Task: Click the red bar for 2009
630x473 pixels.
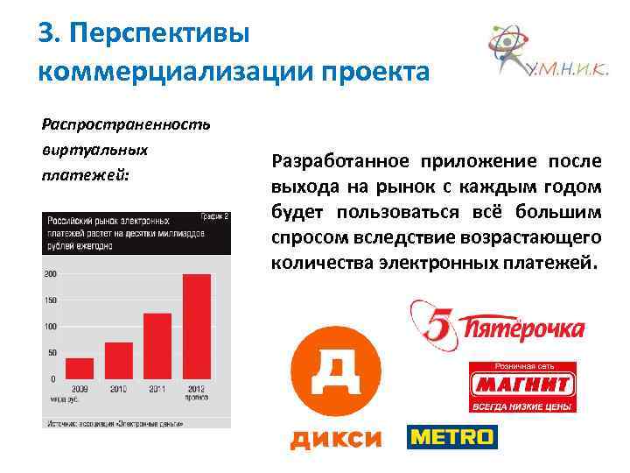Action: (80, 368)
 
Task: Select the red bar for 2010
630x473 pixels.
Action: (118, 360)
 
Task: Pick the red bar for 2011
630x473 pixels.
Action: (157, 346)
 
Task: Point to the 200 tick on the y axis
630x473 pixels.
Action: (50, 274)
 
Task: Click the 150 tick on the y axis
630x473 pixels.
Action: (50, 300)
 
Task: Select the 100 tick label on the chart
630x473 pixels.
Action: (50, 327)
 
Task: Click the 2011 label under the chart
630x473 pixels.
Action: (157, 388)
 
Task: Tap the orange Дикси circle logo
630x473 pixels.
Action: (335, 370)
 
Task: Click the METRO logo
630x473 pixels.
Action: (451, 436)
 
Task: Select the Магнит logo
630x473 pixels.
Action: (521, 385)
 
